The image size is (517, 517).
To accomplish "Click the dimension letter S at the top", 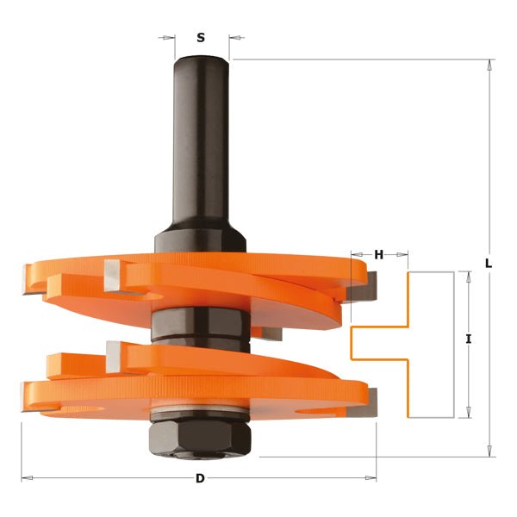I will (201, 38).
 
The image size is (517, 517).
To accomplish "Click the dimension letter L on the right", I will (489, 264).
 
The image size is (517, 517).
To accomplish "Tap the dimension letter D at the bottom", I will (200, 478).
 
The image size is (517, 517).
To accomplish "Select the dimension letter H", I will (379, 255).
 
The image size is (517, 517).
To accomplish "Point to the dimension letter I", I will (468, 339).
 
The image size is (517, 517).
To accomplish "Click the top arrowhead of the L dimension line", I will (489, 65).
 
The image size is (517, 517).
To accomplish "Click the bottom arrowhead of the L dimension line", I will (489, 451).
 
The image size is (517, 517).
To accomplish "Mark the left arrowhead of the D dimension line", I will (26, 477).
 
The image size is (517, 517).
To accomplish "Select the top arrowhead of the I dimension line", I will (468, 276).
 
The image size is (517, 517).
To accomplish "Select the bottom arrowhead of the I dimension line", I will (468, 413).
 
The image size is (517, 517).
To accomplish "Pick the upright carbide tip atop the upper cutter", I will (112, 275).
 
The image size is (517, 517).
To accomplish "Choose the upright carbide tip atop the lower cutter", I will (114, 354).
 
